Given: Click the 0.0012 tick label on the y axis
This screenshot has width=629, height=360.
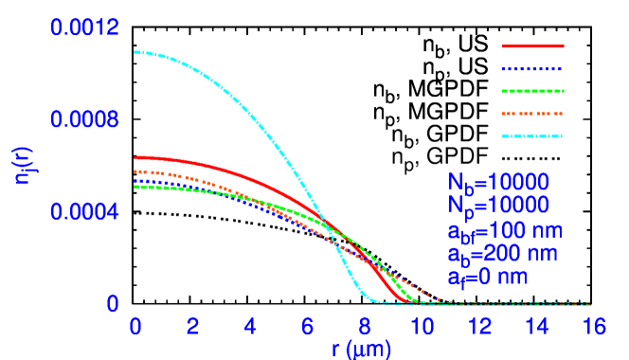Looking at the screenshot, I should pos(84,28).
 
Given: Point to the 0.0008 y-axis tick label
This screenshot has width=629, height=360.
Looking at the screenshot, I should pos(84,120).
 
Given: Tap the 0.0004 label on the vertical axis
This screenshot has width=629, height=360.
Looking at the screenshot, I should pos(84,212).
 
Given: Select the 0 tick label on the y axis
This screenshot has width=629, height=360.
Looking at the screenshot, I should pos(113,304).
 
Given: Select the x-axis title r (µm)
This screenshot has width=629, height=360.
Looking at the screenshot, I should pos(361,348).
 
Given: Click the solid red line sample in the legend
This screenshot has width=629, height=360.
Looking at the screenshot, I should pos(532,45).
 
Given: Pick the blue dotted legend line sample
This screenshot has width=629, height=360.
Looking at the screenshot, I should pos(532,69).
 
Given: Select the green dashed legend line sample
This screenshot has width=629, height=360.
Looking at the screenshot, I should pos(532,91).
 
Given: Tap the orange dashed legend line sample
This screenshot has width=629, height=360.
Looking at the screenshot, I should pos(532,114).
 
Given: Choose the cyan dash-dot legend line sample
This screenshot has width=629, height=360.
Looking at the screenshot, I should pos(532,136).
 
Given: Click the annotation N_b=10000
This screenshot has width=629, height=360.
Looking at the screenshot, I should pos(498,182).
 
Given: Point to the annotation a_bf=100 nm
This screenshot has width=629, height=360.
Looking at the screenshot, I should pos(505,231).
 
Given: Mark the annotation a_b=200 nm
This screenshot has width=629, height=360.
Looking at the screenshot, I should pos(502,254).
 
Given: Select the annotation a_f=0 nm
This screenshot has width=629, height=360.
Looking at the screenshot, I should pos(487,278).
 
